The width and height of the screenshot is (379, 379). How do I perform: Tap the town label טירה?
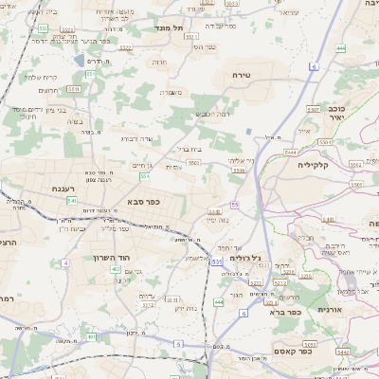239,73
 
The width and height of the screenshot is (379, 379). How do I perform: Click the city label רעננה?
48,189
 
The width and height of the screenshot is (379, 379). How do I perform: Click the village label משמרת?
171,92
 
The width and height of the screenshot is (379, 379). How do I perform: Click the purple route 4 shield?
65,262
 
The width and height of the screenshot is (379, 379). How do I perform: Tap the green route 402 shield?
116,269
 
